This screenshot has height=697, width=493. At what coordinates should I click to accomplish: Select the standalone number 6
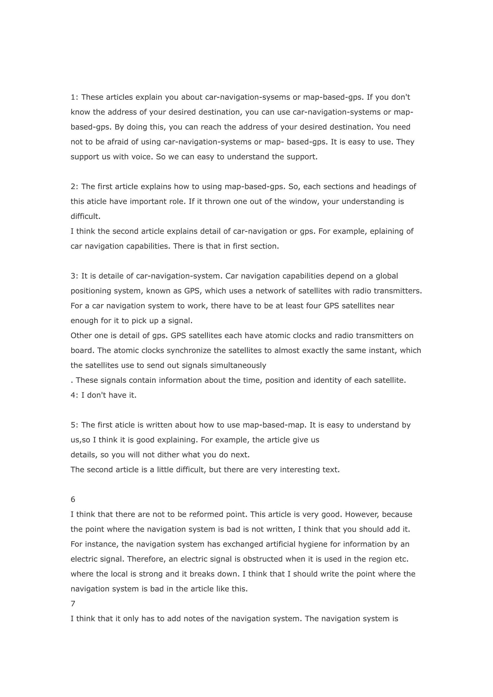[73, 499]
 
